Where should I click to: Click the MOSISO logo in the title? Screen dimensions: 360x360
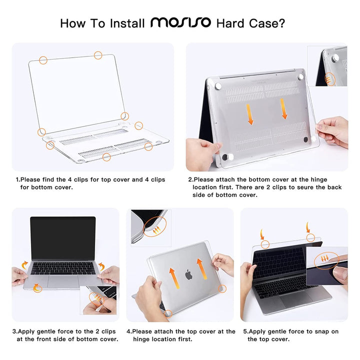click(x=180, y=23)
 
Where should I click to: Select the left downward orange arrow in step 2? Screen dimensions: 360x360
click(x=250, y=114)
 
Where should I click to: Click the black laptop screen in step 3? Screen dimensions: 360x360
click(x=62, y=238)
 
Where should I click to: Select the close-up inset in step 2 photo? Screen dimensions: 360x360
click(x=327, y=66)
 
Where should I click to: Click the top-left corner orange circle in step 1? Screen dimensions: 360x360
click(x=43, y=60)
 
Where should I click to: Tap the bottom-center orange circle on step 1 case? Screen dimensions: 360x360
click(x=106, y=157)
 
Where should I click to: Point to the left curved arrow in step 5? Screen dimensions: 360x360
click(x=262, y=233)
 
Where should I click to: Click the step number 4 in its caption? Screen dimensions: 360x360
click(x=128, y=331)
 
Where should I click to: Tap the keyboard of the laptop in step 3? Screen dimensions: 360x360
click(x=63, y=268)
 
